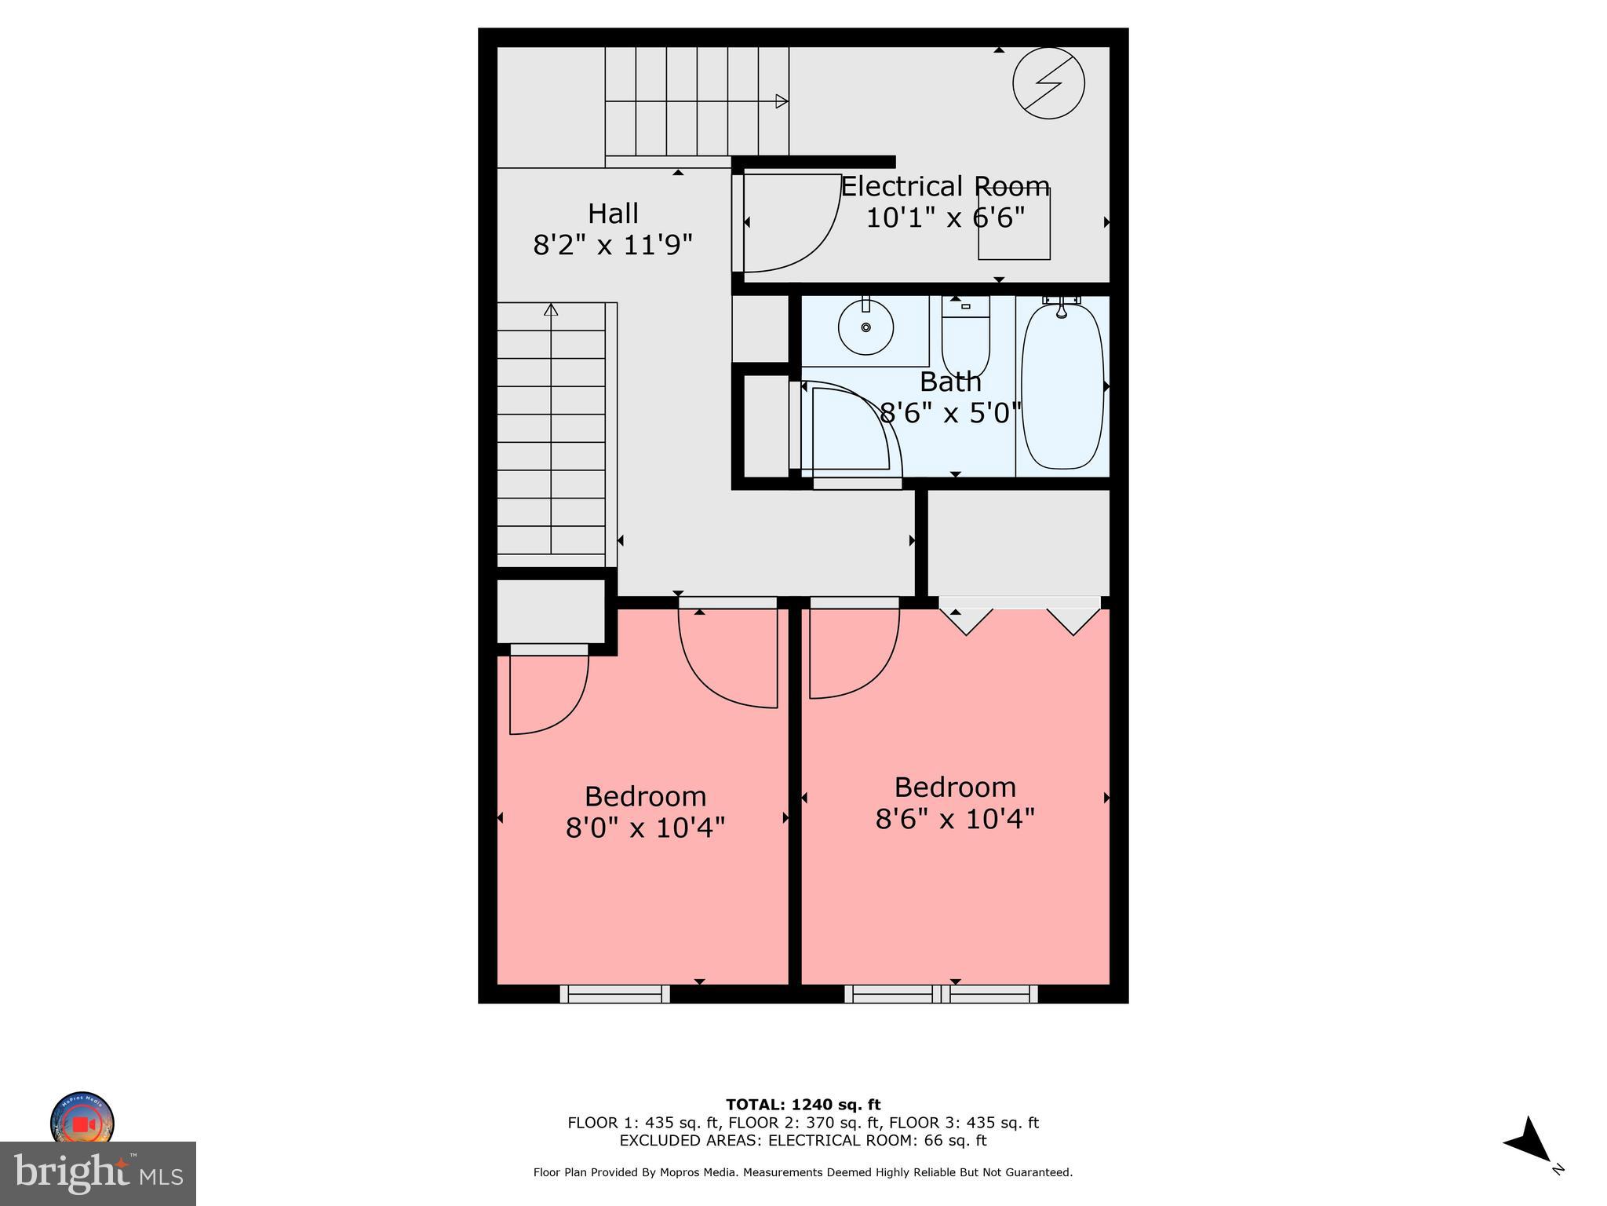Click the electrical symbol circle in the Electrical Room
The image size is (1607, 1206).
point(1048,83)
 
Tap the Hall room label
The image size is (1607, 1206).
point(613,214)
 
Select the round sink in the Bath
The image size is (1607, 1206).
point(865,327)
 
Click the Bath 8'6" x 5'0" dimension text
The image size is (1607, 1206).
point(950,412)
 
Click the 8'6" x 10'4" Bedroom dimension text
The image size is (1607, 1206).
point(955,819)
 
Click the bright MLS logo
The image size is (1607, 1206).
point(98,1173)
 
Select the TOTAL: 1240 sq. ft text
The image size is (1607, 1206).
point(803,1105)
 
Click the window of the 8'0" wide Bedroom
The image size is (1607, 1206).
point(615,994)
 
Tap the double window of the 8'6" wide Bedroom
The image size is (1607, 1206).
point(941,994)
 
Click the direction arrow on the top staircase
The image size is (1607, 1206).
point(781,101)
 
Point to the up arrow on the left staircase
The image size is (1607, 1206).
point(551,310)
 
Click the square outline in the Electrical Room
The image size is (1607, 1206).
point(1014,224)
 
